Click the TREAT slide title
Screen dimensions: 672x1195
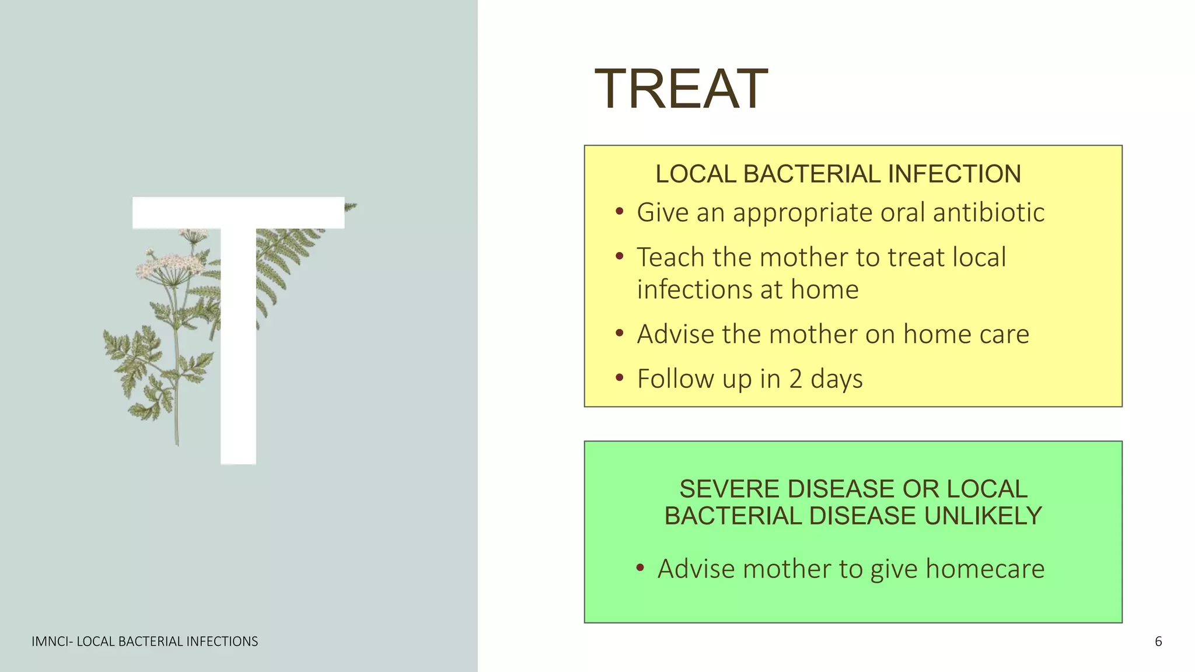tap(680, 89)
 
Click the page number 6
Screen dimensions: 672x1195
tap(1158, 642)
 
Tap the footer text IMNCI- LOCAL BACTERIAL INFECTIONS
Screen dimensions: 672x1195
tap(145, 642)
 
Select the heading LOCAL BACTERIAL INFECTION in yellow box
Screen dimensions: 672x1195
tap(838, 174)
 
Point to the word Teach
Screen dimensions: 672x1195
tap(670, 257)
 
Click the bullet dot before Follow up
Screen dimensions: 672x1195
tap(620, 378)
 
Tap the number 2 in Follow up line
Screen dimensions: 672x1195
tap(796, 379)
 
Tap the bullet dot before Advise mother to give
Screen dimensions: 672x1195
tap(640, 568)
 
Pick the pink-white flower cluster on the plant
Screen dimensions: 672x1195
tap(169, 265)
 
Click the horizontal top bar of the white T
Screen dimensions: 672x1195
tap(238, 212)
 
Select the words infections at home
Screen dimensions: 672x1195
tap(747, 290)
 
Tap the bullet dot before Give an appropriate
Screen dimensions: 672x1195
tap(620, 212)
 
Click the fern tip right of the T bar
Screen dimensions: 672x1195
tap(351, 206)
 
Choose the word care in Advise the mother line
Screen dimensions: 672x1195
tap(1004, 334)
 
